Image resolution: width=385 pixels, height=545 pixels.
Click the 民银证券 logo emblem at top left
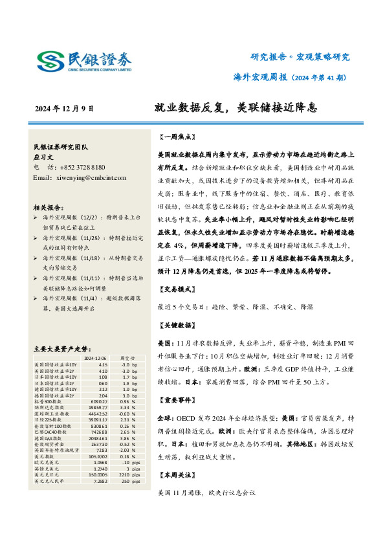click(50, 61)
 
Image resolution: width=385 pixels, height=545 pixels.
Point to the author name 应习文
click(43, 157)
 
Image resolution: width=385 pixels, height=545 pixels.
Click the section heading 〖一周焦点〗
click(176, 137)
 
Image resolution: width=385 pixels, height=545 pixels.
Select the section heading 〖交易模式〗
click(176, 289)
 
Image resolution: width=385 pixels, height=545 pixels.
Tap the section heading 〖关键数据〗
click(176, 324)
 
